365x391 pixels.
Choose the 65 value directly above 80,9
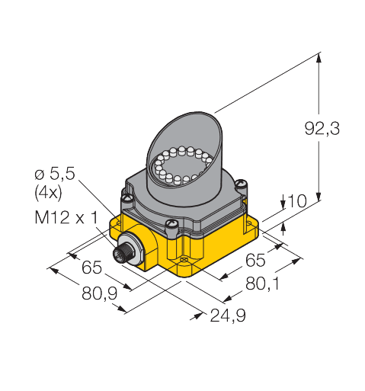[91, 268]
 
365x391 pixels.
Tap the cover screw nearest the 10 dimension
[242, 183]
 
